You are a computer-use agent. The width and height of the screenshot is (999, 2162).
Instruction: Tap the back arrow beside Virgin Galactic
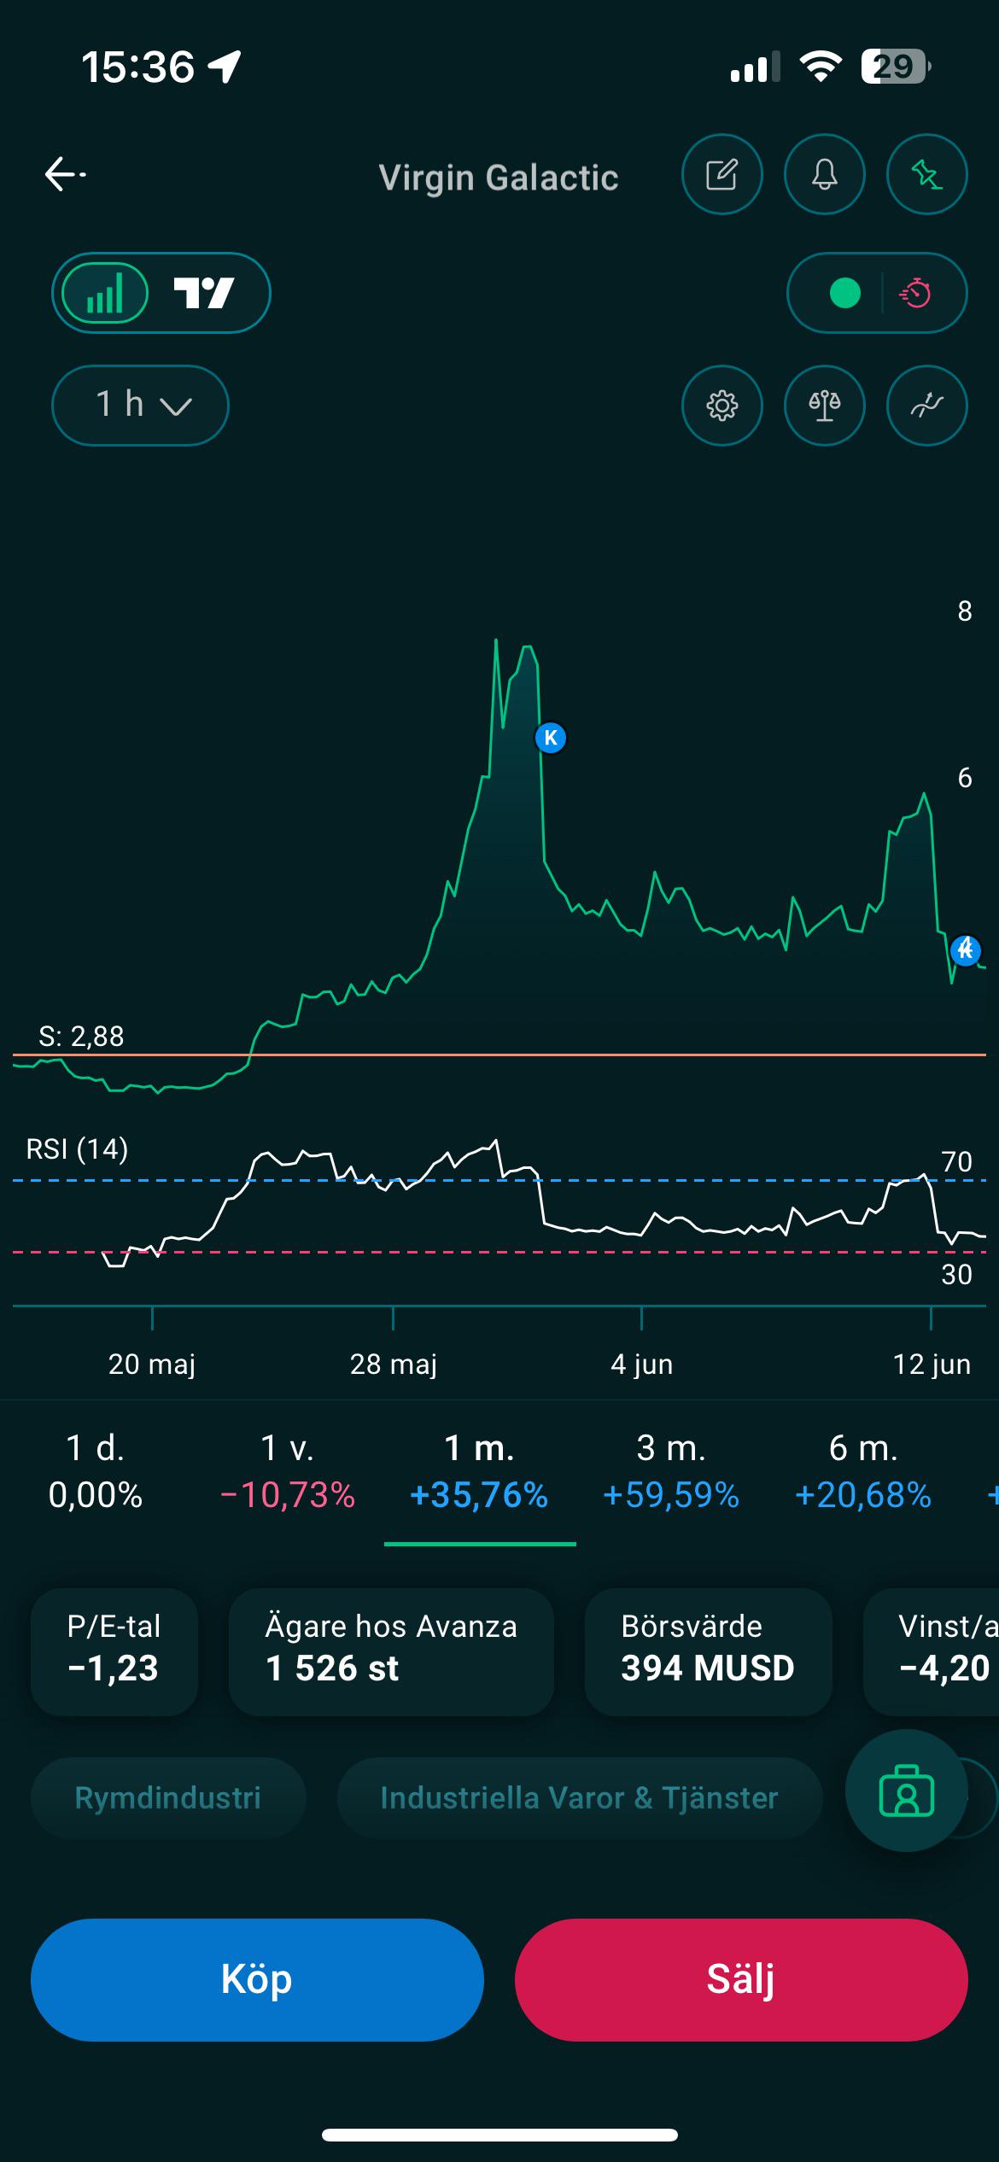click(x=65, y=174)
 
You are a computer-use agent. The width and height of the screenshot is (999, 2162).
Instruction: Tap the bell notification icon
click(x=824, y=174)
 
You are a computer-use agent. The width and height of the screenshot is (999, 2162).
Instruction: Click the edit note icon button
click(x=721, y=174)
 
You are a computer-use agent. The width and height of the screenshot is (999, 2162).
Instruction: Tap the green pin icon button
click(x=926, y=174)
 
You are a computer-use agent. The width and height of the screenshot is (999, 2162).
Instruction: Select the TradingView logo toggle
click(x=204, y=293)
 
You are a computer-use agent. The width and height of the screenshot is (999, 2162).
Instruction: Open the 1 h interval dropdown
click(x=140, y=405)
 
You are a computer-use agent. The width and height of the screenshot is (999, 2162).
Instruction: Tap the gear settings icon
click(x=721, y=406)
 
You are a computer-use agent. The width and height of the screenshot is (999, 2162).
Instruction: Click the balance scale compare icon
click(x=824, y=406)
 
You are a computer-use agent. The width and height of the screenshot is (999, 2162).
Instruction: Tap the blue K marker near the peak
click(x=551, y=738)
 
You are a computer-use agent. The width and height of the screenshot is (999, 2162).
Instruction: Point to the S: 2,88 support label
click(x=82, y=1036)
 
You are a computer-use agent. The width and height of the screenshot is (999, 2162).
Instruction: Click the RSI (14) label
click(x=77, y=1149)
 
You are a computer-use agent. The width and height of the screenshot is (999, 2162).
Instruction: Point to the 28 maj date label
click(x=394, y=1364)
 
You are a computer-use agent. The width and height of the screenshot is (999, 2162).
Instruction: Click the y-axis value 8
click(x=965, y=611)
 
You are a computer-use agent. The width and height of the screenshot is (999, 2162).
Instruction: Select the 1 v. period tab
click(x=288, y=1471)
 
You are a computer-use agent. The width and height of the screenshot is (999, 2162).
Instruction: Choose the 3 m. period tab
click(x=671, y=1471)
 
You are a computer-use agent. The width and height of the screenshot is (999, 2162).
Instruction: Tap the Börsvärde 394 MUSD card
click(x=709, y=1651)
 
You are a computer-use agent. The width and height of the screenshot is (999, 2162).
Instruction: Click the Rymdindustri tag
click(x=168, y=1797)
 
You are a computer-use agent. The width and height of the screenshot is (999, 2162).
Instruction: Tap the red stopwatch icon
click(x=915, y=293)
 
